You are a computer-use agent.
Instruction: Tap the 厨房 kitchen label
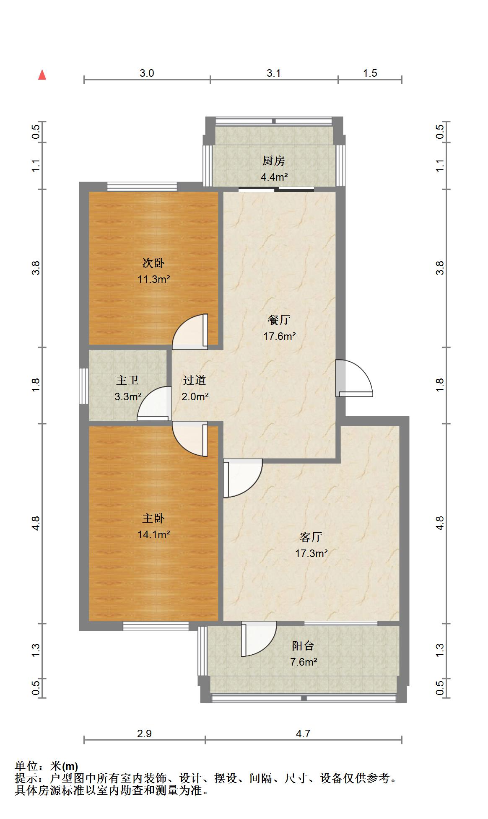[x=274, y=161]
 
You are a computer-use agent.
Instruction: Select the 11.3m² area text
[x=153, y=279]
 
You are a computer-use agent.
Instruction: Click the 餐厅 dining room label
[x=279, y=320]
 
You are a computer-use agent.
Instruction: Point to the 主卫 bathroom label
[x=127, y=380]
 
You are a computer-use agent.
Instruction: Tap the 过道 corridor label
[x=195, y=380]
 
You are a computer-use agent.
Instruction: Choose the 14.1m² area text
[x=153, y=534]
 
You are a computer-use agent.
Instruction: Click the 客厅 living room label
[x=311, y=537]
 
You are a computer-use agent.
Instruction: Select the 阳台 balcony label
[x=303, y=646]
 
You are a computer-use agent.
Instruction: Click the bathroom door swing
[x=154, y=404]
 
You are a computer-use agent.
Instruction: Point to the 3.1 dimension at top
[x=274, y=73]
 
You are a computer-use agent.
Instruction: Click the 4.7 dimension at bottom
[x=303, y=733]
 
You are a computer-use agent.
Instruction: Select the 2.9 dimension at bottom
[x=144, y=733]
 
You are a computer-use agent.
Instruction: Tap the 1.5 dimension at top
[x=370, y=73]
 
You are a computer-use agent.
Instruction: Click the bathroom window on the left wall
[x=84, y=386]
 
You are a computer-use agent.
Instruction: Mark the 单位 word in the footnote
[x=26, y=766]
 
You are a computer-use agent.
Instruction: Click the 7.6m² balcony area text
[x=303, y=662]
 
